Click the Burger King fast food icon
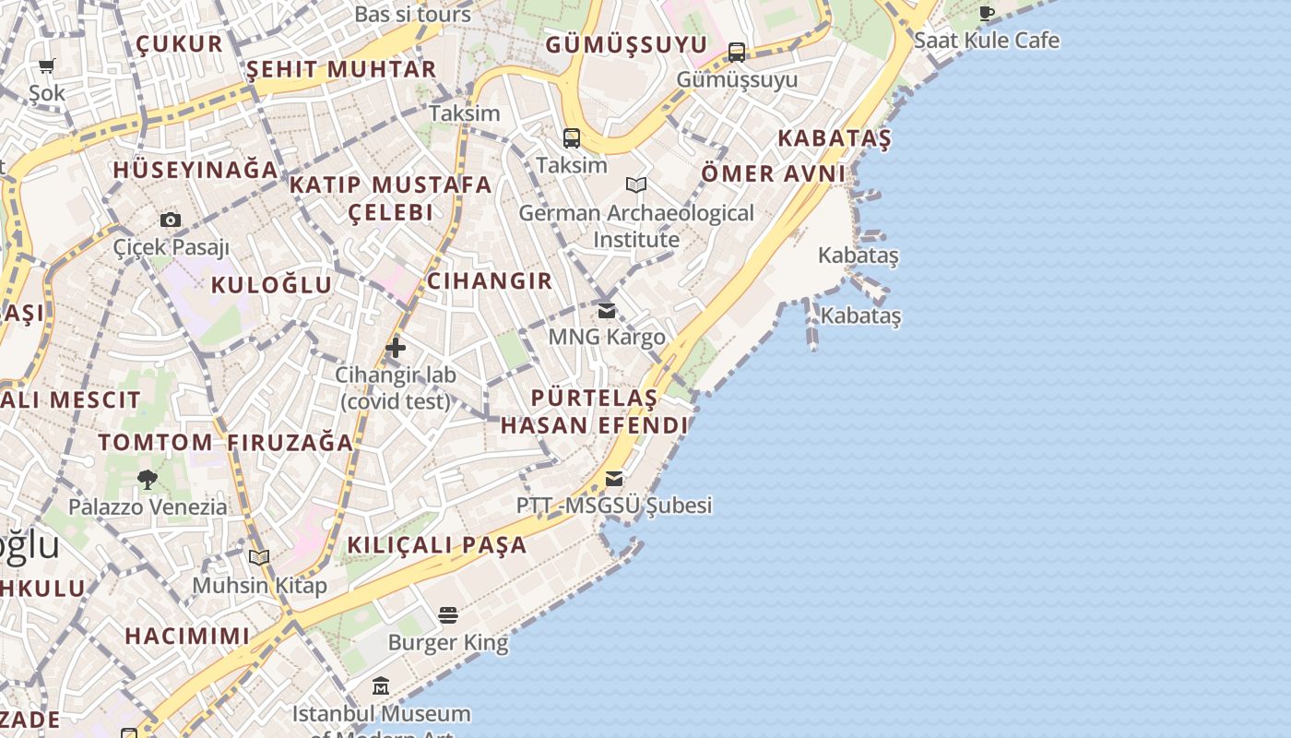448,614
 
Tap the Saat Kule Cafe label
987,41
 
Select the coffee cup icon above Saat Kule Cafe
987,13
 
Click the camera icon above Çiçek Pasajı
171,220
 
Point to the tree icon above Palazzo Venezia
147,479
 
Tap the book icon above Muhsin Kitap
259,557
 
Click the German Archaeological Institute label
636,226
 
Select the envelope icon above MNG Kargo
607,311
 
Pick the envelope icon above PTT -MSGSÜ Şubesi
614,478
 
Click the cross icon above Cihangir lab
396,348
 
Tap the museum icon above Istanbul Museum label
381,686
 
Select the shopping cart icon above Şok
47,65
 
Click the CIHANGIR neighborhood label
490,280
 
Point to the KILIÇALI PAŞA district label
437,544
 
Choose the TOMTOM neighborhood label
156,442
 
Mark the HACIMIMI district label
187,636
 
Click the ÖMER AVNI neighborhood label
774,173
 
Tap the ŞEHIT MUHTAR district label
341,69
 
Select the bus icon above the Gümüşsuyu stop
737,52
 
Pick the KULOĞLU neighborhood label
271,284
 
